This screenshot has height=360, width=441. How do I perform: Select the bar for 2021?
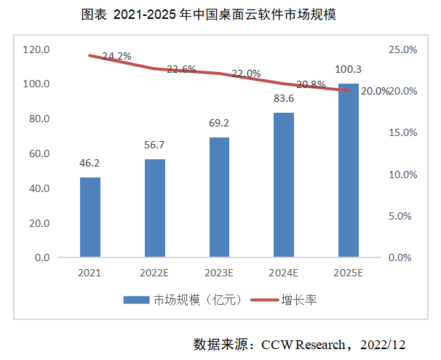90,217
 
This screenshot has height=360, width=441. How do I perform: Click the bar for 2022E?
154,208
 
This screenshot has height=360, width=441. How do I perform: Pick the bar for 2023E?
219,197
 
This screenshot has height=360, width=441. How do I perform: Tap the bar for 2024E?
284,185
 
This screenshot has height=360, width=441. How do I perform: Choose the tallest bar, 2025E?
348,170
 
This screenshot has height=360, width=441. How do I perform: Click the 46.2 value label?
90,164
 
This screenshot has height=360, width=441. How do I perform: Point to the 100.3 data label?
349,70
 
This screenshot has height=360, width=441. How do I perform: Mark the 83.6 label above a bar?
284,100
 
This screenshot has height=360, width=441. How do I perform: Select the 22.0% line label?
246,73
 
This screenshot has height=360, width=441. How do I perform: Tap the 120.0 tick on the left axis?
36,49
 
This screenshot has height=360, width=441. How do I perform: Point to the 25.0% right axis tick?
402,49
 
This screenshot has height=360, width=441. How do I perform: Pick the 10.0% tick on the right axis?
402,175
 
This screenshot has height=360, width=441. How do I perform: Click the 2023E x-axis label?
219,273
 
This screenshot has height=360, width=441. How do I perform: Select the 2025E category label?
348,273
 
